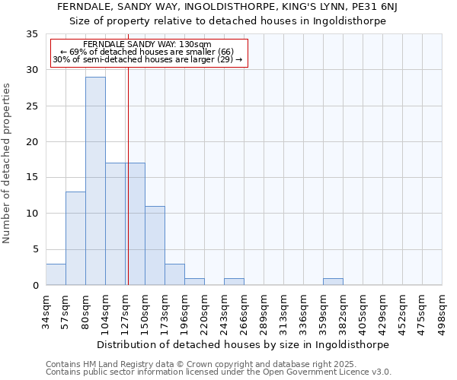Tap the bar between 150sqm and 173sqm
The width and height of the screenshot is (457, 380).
point(155,245)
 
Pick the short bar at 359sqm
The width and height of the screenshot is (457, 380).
point(333,281)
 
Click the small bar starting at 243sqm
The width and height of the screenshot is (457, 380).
point(234,281)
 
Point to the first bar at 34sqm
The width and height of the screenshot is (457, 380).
point(56,274)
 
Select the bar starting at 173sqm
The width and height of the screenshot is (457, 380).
point(174,274)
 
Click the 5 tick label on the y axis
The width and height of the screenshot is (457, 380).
point(34,249)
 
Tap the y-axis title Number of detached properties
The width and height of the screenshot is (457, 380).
point(8,163)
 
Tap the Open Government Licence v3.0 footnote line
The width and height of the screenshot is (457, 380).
point(219,372)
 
